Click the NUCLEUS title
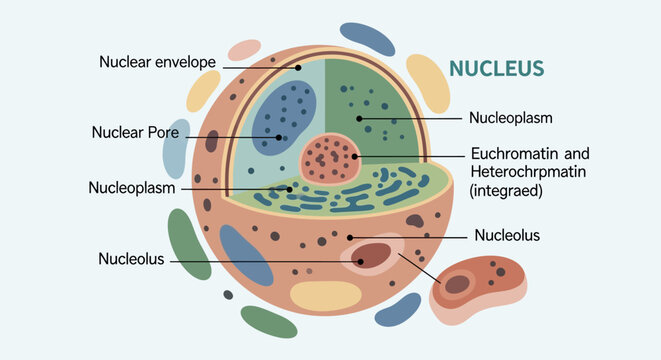coord(496,68)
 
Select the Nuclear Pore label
coord(135,131)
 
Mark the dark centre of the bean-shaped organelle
coord(457,284)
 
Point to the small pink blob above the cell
coord(244,49)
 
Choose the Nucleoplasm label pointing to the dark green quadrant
coord(511,117)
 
